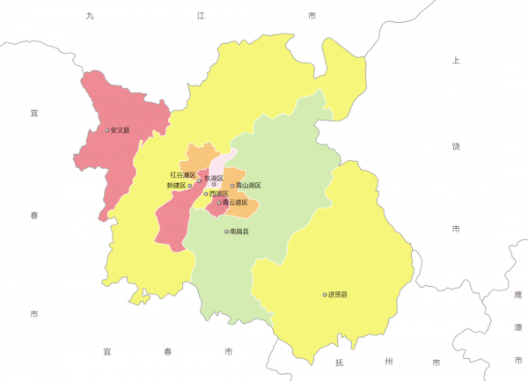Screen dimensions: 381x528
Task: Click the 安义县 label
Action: [120, 130]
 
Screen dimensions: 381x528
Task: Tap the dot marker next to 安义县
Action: [107, 130]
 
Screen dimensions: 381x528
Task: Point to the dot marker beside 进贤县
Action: [325, 295]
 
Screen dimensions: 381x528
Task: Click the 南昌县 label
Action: [239, 231]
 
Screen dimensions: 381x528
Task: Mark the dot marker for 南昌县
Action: [227, 231]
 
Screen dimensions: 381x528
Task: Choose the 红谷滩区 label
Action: [182, 176]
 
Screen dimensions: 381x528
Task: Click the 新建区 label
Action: [176, 186]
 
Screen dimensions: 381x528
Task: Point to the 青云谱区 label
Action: [235, 203]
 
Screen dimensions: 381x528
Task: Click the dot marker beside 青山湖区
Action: [232, 186]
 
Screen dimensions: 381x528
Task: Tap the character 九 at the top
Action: [89, 17]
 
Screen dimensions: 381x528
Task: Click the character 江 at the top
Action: [201, 17]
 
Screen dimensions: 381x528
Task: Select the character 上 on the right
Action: [456, 61]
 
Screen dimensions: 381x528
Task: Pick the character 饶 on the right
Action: [456, 145]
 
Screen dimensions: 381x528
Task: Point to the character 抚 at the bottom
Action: [339, 363]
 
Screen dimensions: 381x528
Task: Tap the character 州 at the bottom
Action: [387, 363]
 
